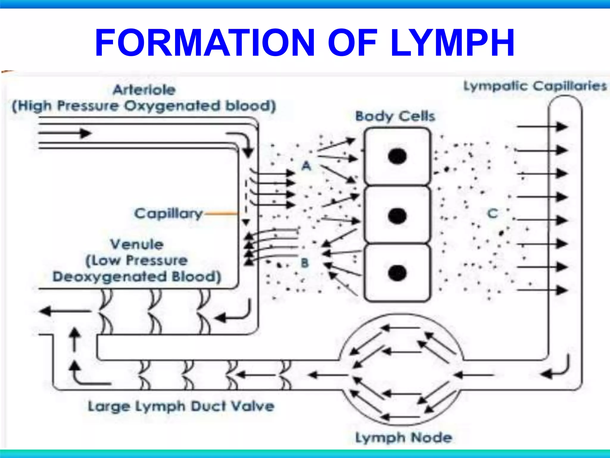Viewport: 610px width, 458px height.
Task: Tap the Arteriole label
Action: pos(144,90)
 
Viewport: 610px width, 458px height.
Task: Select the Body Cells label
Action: pos(395,116)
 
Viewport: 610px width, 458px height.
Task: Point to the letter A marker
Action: pos(306,166)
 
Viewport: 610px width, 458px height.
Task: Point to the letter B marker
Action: pos(305,263)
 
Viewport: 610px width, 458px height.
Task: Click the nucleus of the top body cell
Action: pos(397,156)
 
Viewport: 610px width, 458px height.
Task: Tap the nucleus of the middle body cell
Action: pos(397,216)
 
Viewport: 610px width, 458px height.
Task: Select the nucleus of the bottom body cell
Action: pos(397,273)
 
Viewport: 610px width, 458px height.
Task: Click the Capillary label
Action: pos(168,213)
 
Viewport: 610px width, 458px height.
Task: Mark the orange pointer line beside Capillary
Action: pos(222,213)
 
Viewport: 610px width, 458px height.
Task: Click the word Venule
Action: pos(137,244)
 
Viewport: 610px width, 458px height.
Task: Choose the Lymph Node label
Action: pos(404,438)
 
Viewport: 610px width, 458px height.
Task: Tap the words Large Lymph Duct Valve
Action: pos(181,406)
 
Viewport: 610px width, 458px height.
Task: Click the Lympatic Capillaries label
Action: pos(535,86)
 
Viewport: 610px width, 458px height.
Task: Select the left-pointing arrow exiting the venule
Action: pos(66,311)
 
